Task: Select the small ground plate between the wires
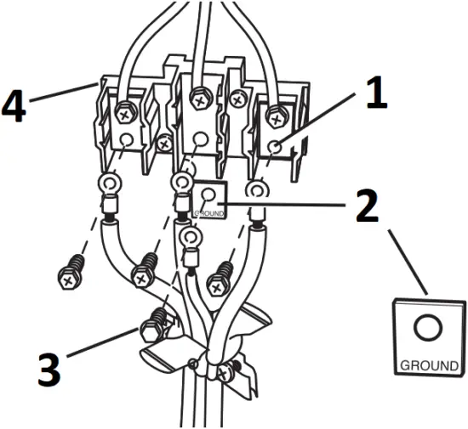pyautogui.click(x=208, y=200)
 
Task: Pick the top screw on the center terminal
pyautogui.click(x=200, y=99)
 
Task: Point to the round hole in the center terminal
pyautogui.click(x=201, y=138)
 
